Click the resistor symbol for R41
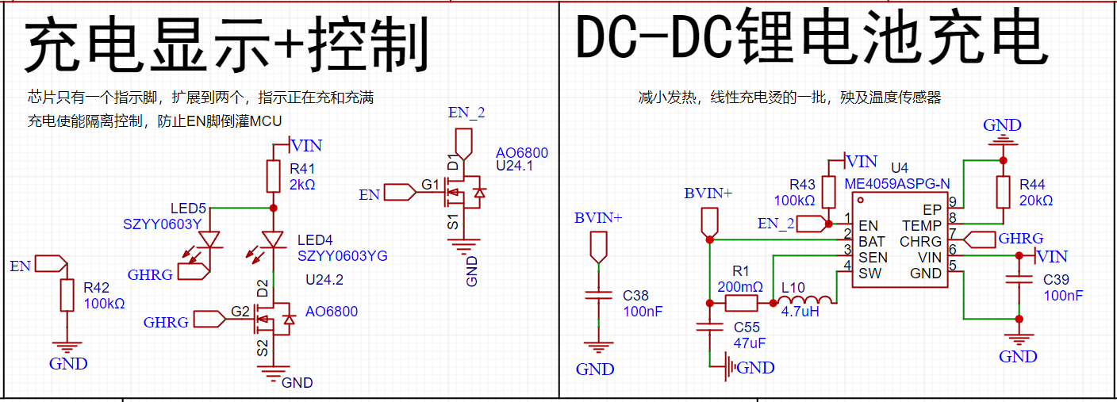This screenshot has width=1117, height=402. click(x=273, y=176)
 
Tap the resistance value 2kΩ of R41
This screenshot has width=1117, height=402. click(x=302, y=185)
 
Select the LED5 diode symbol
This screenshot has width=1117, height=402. click(x=210, y=239)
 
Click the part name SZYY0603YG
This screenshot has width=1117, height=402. click(x=342, y=256)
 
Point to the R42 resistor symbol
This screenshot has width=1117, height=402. click(x=67, y=295)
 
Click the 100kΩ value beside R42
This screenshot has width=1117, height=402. click(x=104, y=304)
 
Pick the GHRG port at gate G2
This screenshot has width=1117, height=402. click(x=209, y=320)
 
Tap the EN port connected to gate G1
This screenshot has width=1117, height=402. click(x=400, y=193)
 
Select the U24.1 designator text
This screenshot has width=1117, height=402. click(x=514, y=166)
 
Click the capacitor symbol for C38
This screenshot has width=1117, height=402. click(x=598, y=296)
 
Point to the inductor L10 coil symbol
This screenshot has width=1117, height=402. click(x=805, y=299)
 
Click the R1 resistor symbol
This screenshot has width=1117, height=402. click(x=741, y=303)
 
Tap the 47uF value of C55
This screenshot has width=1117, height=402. click(x=749, y=343)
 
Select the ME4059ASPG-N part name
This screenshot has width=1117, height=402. click(x=896, y=184)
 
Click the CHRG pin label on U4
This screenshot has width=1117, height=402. click(x=920, y=242)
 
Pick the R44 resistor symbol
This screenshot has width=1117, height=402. click(x=1004, y=193)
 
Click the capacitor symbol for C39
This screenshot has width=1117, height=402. click(x=1019, y=279)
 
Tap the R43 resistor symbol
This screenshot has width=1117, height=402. click(x=828, y=193)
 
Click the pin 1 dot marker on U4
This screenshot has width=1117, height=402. click(x=860, y=201)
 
